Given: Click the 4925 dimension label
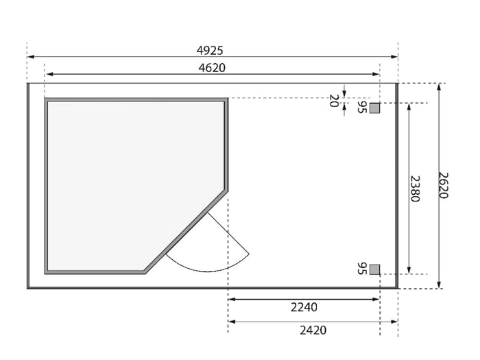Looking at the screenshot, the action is [210, 51].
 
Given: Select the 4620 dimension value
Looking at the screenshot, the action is [212, 68].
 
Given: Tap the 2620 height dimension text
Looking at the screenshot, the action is [443, 186].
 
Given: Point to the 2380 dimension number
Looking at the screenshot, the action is [414, 189].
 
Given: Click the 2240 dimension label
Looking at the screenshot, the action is [304, 307].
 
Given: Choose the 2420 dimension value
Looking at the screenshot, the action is [313, 331].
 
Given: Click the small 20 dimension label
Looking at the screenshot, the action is [334, 101].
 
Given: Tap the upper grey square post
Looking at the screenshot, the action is [374, 108].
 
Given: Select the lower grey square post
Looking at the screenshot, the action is [374, 269].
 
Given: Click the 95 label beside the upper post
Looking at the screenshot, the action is [362, 107].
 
